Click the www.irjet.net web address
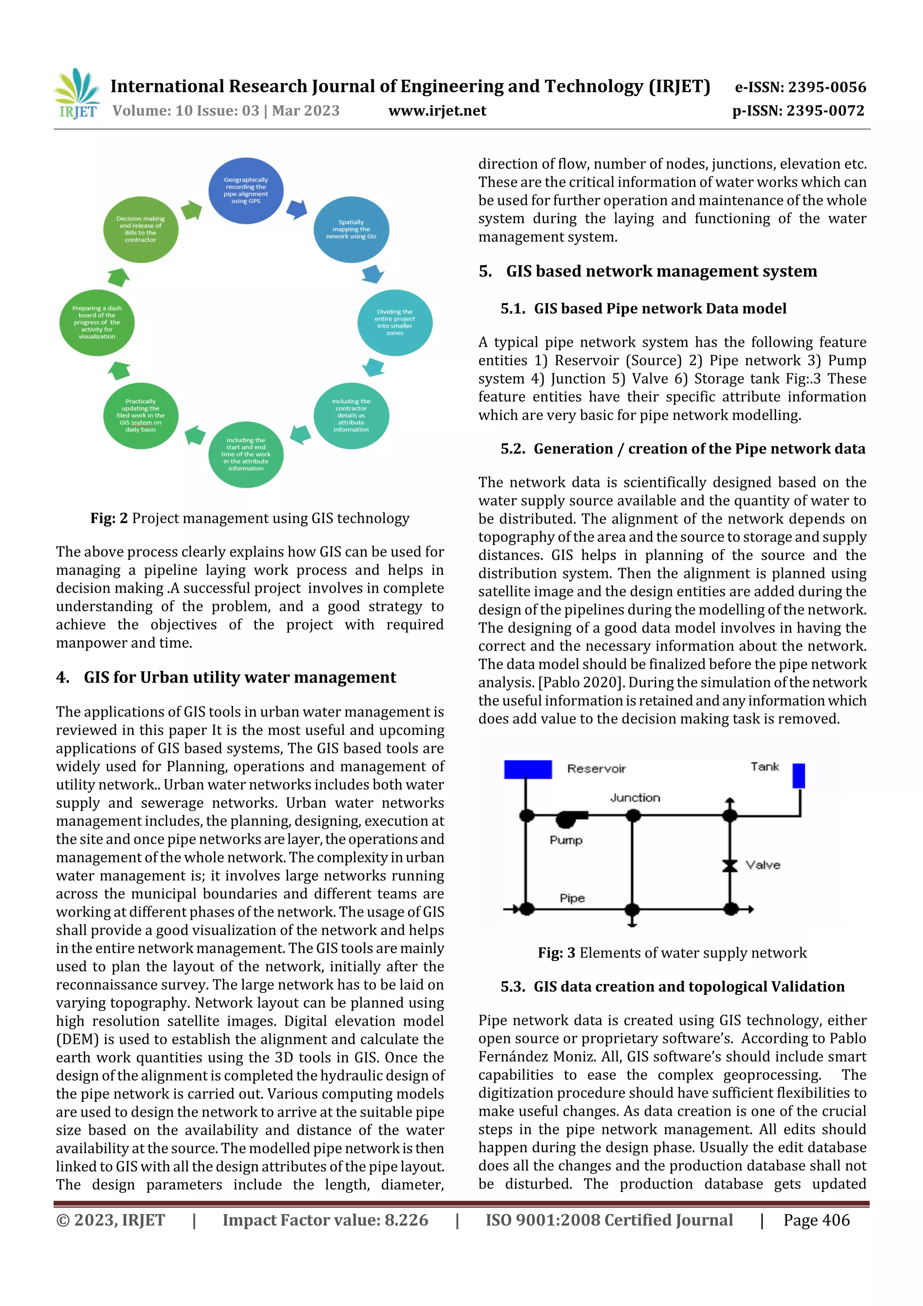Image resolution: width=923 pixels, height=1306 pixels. click(x=437, y=111)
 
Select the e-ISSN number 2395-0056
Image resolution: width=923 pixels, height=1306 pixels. click(x=800, y=87)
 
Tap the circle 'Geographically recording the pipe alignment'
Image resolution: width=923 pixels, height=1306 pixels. click(x=246, y=191)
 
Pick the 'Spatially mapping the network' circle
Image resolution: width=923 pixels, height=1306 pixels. click(x=351, y=229)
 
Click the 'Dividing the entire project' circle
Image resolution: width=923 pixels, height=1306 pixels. click(x=395, y=322)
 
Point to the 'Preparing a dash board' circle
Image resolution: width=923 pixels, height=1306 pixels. click(x=97, y=322)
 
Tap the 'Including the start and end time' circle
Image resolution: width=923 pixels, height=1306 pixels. click(x=246, y=454)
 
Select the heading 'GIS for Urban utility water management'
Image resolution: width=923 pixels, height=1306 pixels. click(x=239, y=678)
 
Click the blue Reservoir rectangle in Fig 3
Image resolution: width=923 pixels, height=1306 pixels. click(x=527, y=769)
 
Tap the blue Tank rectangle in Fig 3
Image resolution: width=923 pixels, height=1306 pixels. click(x=799, y=776)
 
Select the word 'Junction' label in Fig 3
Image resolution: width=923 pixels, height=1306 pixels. click(x=635, y=798)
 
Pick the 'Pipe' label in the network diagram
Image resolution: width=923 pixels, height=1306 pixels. click(x=571, y=898)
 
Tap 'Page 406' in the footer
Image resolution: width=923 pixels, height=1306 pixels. click(x=816, y=1220)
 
